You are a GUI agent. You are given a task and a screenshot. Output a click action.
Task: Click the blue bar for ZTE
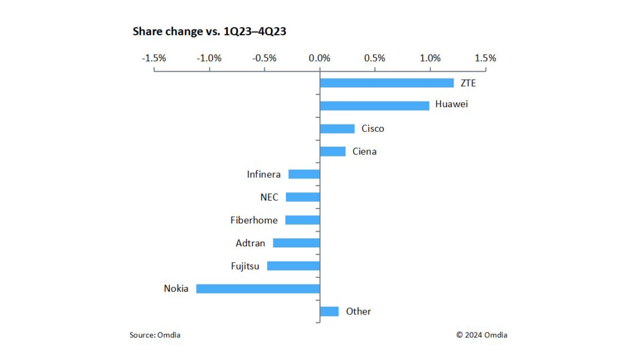click(x=387, y=83)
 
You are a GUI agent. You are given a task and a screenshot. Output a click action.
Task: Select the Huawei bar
click(x=375, y=105)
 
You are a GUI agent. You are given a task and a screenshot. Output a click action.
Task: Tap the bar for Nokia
click(x=258, y=289)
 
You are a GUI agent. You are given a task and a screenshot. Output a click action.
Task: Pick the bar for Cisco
click(x=337, y=129)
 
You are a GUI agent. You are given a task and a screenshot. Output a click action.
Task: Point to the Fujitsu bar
click(x=293, y=266)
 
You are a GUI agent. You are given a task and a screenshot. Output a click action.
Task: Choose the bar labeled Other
click(x=329, y=311)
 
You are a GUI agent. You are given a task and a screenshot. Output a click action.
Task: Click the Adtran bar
click(x=296, y=243)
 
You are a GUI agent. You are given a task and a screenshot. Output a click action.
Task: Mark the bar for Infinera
click(x=304, y=174)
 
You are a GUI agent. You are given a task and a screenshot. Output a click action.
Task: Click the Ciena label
click(x=364, y=152)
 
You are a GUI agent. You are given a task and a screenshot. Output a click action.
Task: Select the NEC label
click(x=269, y=197)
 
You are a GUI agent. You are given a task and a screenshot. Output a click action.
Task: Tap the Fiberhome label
click(x=254, y=220)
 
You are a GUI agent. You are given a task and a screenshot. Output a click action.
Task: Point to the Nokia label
click(x=176, y=289)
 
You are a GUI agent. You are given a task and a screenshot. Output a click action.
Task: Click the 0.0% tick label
click(x=319, y=58)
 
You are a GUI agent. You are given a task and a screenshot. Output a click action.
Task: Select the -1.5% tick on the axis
click(x=154, y=58)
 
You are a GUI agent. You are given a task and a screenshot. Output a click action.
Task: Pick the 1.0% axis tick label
click(x=430, y=58)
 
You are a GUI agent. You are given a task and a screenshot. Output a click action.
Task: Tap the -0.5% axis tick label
click(x=264, y=58)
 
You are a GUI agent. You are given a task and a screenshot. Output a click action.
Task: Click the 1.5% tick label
click(x=485, y=58)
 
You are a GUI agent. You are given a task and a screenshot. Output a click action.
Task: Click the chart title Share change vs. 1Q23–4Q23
click(x=209, y=32)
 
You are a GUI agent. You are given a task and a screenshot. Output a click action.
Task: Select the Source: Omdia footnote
click(x=155, y=335)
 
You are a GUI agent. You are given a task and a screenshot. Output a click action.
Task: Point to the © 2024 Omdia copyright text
click(x=481, y=335)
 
